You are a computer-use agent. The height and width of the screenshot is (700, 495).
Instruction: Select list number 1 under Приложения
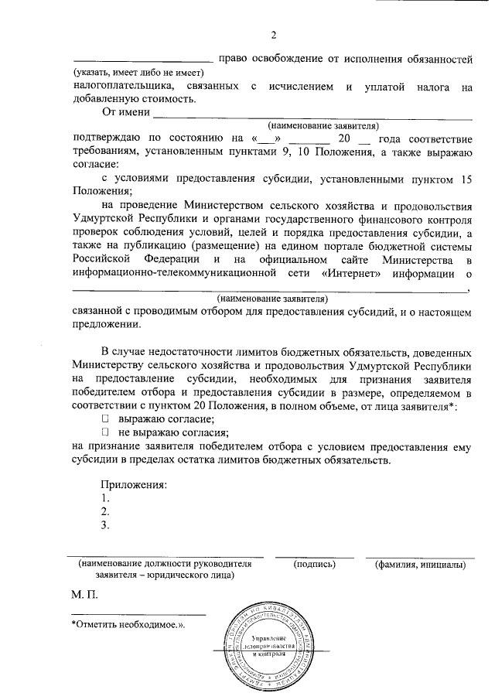(105, 498)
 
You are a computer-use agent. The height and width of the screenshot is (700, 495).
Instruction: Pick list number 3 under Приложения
(105, 526)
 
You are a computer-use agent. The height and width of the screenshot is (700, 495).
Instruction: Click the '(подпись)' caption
(315, 565)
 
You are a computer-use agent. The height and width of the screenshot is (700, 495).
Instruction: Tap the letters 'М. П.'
(84, 595)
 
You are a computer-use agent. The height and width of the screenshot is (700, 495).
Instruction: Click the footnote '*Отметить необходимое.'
(128, 623)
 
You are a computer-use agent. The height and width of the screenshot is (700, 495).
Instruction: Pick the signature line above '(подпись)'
(315, 556)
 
